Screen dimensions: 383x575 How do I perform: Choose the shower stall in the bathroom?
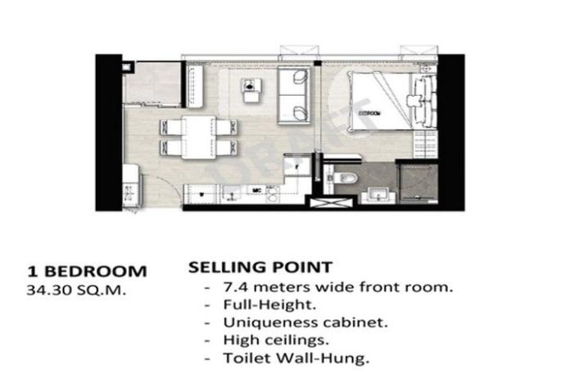[419, 182]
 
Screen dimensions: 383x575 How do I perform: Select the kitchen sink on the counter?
[198, 193]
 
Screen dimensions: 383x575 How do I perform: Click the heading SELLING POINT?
[260, 268]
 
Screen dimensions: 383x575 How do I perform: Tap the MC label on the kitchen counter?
[257, 189]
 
